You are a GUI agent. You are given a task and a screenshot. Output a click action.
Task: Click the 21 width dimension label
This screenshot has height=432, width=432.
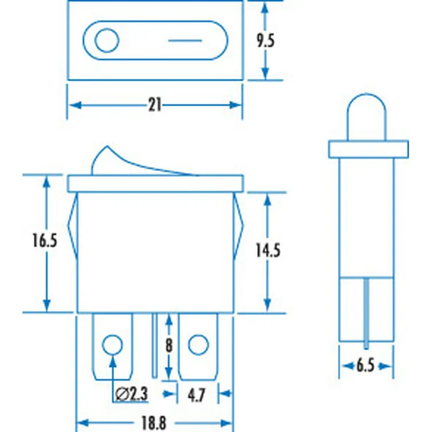click(154, 106)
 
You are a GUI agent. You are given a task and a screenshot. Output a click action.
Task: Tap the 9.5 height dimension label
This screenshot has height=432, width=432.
click(265, 41)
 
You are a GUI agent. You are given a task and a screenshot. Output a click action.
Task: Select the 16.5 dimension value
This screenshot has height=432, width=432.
click(44, 241)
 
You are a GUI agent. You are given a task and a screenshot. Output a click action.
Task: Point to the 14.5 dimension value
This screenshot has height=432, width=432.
click(268, 250)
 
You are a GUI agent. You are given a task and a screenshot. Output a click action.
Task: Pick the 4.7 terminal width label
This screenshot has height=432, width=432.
click(197, 393)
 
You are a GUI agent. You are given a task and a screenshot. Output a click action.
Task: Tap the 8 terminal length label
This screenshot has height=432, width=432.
click(168, 345)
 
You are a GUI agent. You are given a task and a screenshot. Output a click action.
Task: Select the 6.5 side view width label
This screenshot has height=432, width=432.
click(365, 365)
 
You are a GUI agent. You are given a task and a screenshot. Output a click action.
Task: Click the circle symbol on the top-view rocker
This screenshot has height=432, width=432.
click(107, 42)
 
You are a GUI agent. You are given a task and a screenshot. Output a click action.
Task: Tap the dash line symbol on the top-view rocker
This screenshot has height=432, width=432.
click(185, 42)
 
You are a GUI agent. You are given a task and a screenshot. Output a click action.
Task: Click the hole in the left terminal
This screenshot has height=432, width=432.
click(112, 344)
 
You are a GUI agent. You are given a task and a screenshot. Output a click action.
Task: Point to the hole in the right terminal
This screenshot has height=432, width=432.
click(198, 344)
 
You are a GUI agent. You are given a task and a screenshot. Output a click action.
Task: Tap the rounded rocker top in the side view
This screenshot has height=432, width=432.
click(368, 117)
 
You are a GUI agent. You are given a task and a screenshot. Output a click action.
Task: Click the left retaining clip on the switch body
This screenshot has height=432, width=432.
click(73, 228)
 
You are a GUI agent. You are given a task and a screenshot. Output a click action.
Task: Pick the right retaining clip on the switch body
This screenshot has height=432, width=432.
click(238, 228)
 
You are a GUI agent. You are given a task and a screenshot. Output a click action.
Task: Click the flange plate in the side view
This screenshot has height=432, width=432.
click(368, 149)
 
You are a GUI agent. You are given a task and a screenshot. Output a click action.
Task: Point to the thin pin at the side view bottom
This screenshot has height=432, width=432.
click(368, 315)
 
